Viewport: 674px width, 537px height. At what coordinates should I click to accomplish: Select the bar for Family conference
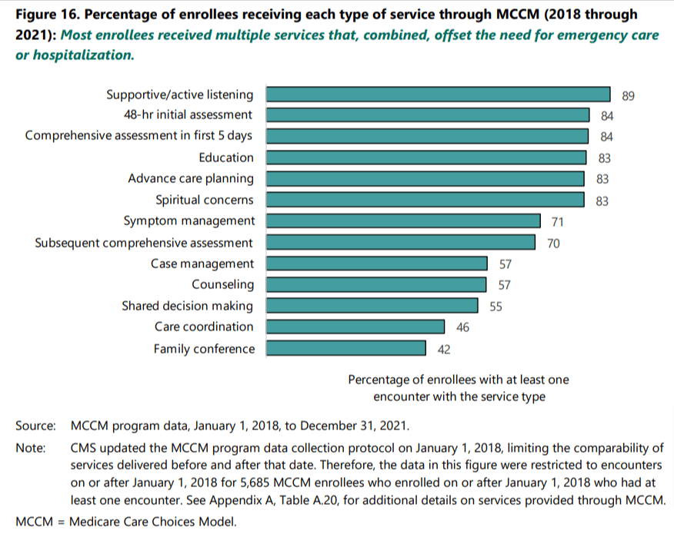tap(345, 349)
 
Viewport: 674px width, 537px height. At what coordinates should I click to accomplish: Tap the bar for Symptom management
tap(402, 221)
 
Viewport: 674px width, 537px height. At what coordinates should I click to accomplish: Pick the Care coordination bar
tap(355, 327)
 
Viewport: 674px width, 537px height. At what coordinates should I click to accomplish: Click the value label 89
tap(627, 95)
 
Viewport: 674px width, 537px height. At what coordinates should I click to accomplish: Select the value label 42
tap(443, 350)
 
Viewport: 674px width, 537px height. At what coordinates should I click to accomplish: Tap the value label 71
tap(557, 222)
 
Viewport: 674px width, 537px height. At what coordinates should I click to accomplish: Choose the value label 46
tap(462, 328)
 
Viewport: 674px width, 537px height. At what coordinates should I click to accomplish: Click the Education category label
tap(225, 157)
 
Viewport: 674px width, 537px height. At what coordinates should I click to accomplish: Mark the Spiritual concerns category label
tap(205, 201)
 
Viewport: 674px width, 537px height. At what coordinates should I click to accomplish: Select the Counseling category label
tap(223, 285)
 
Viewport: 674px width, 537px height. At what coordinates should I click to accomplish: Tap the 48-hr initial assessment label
tap(189, 114)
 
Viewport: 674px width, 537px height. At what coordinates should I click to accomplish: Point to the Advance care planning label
tap(191, 179)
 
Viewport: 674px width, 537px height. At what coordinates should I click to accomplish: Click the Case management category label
tap(202, 264)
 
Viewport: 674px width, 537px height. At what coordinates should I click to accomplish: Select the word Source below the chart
tap(35, 425)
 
